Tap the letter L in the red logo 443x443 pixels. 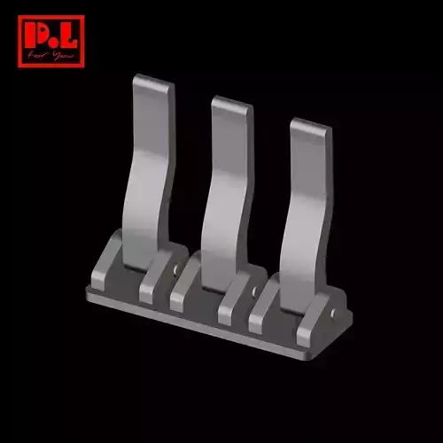pos(66,36)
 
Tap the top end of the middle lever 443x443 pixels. pos(231,104)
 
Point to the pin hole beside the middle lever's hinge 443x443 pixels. pos(255,290)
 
